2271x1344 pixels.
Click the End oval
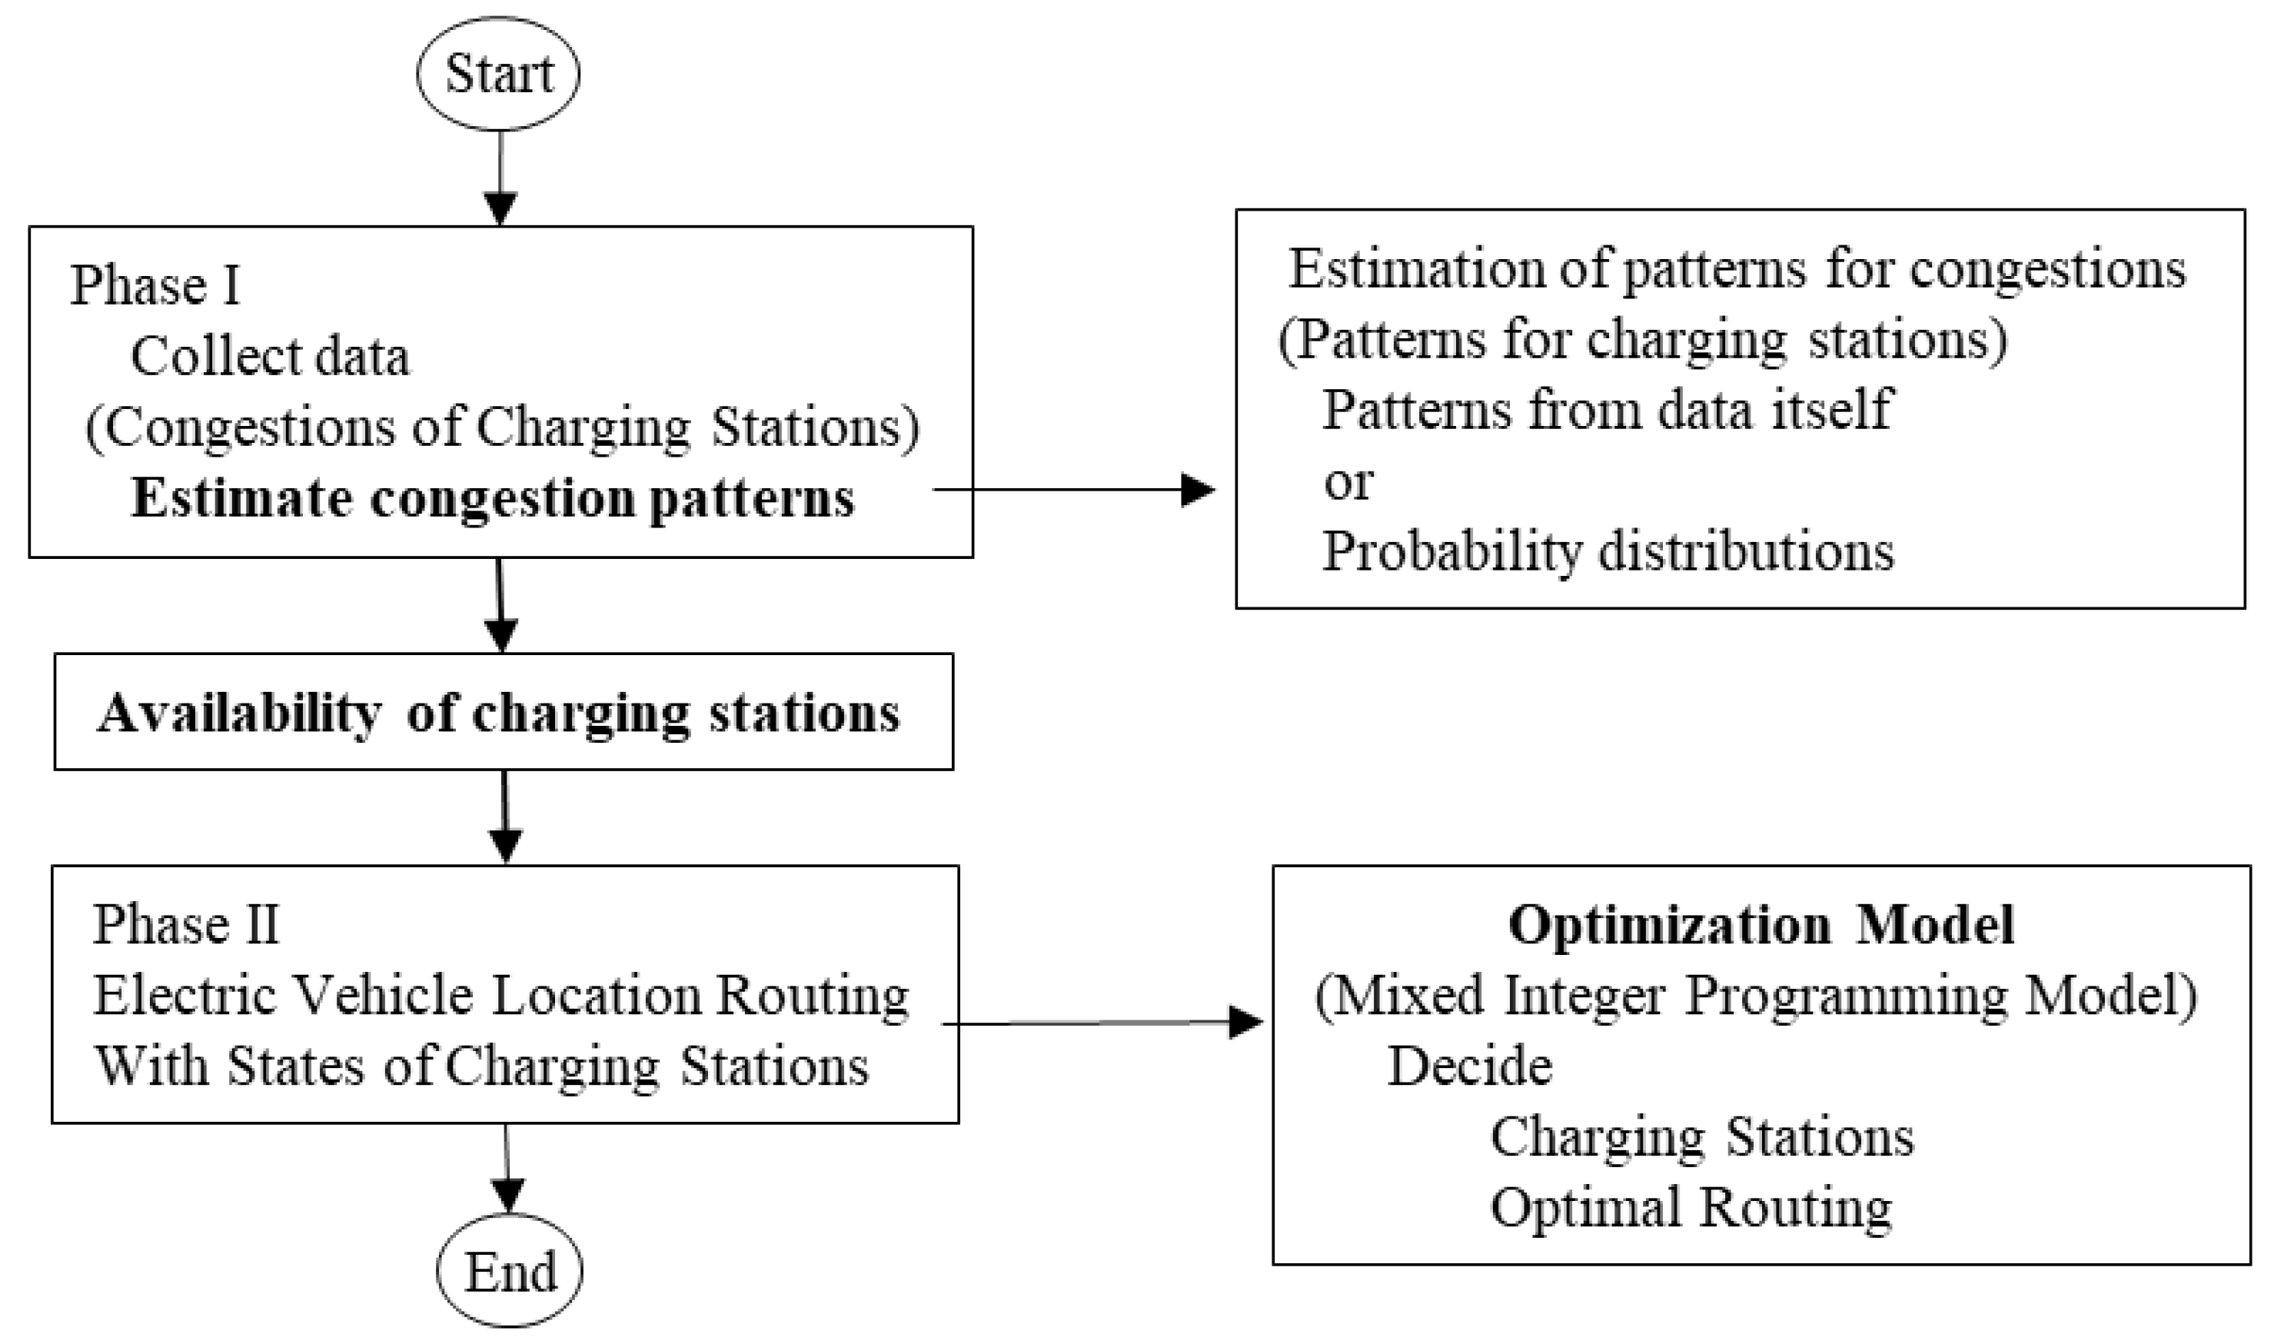click(510, 1272)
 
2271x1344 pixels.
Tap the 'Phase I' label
click(155, 286)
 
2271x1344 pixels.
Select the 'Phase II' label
click(185, 926)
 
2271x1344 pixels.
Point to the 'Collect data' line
click(270, 357)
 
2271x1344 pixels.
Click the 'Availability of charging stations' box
click(503, 712)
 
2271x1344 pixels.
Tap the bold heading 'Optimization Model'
click(1761, 926)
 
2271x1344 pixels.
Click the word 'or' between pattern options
click(1348, 482)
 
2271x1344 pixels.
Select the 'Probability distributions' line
click(1608, 551)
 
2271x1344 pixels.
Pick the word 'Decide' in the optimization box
click(1470, 1065)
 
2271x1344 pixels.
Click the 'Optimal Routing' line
click(1691, 1207)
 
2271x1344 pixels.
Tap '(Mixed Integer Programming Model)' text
click(1756, 996)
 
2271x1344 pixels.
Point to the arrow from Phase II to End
click(507, 1168)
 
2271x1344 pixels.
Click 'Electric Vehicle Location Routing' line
click(500, 996)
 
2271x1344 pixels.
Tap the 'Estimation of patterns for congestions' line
click(1737, 269)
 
